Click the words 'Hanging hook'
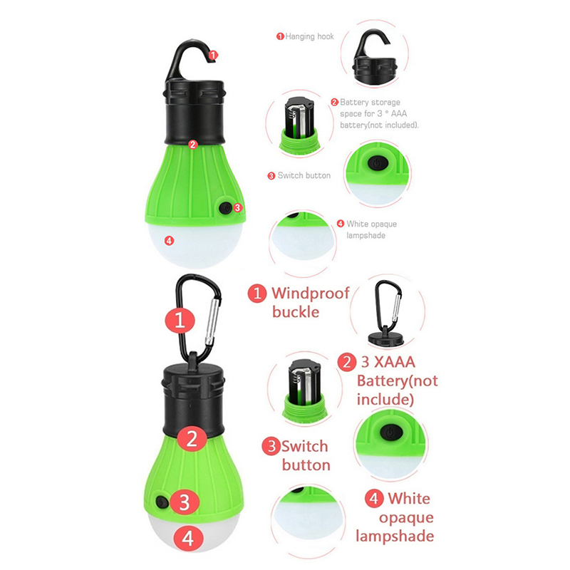(x=309, y=36)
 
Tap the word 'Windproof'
(x=311, y=293)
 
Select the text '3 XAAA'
(x=388, y=362)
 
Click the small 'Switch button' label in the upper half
(x=304, y=175)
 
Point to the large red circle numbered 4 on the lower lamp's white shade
(x=187, y=538)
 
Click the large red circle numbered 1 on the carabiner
(x=180, y=320)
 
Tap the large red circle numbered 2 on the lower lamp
(x=192, y=439)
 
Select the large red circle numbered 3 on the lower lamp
(x=185, y=502)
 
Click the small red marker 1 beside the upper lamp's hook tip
(x=213, y=55)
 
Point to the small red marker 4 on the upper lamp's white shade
(x=169, y=240)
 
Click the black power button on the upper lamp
(x=225, y=208)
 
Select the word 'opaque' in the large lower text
(x=406, y=518)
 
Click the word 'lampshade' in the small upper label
(x=366, y=235)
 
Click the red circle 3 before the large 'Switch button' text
(x=271, y=447)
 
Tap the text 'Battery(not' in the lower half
(x=398, y=381)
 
